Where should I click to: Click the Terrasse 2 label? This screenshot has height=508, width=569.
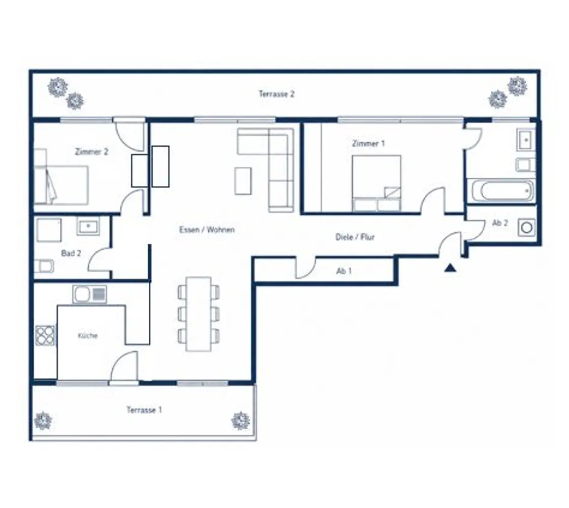[277, 94]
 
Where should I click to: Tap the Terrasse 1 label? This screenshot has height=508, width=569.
[144, 410]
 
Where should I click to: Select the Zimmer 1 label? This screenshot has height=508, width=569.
[368, 143]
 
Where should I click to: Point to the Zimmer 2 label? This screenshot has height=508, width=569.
[91, 151]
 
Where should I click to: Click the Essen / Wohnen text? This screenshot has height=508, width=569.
[207, 230]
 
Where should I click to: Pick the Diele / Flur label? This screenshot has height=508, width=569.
[355, 237]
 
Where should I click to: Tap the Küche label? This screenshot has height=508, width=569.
[88, 335]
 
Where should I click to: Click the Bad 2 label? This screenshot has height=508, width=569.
[71, 253]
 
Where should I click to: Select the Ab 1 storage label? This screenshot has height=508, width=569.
[344, 271]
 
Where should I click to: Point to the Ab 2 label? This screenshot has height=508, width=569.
[499, 223]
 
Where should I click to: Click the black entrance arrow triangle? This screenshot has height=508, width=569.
[450, 268]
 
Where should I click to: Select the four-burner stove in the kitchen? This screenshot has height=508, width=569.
[45, 335]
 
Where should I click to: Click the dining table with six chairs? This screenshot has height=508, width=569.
[198, 314]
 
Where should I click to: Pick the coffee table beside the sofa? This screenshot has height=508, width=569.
[243, 180]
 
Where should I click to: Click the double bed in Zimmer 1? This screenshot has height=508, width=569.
[376, 183]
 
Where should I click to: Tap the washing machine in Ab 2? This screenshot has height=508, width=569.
[526, 228]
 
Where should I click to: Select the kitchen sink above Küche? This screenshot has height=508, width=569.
[90, 294]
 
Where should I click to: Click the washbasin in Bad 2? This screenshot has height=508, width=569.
[88, 226]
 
